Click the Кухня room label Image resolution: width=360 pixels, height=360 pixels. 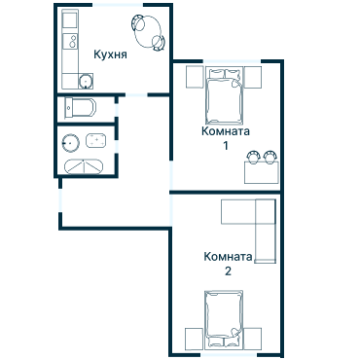110,54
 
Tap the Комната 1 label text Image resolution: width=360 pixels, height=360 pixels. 226,138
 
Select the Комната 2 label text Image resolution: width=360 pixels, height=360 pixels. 228,264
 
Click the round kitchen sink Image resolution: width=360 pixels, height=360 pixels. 86,81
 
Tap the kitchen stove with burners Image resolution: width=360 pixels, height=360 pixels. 70,41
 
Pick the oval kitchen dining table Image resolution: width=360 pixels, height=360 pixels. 148,32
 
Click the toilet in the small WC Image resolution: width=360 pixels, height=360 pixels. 81,108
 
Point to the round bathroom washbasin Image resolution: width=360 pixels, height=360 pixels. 71,143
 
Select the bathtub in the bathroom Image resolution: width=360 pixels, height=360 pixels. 84,166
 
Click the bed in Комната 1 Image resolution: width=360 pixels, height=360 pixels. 224,96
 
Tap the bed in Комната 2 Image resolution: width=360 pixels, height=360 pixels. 224,319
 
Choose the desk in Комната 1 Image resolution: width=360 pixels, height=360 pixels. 262,173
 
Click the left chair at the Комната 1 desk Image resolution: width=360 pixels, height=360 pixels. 253,157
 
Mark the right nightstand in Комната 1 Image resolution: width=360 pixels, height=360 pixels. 253,77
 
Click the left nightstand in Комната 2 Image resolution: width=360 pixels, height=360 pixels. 194,339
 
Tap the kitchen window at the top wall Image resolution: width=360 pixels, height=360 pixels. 118,5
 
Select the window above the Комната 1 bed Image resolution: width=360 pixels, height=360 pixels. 232,61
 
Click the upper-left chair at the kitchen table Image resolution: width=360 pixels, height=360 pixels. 138,22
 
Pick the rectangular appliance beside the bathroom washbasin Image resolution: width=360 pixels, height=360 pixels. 95,141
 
